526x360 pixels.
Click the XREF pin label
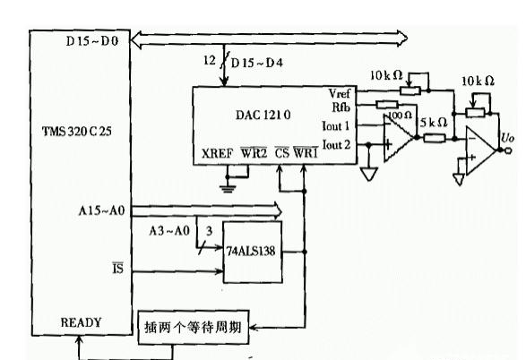coord(217,153)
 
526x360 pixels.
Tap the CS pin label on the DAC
coord(282,153)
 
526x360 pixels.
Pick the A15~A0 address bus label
coord(100,210)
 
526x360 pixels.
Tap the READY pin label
coord(82,321)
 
